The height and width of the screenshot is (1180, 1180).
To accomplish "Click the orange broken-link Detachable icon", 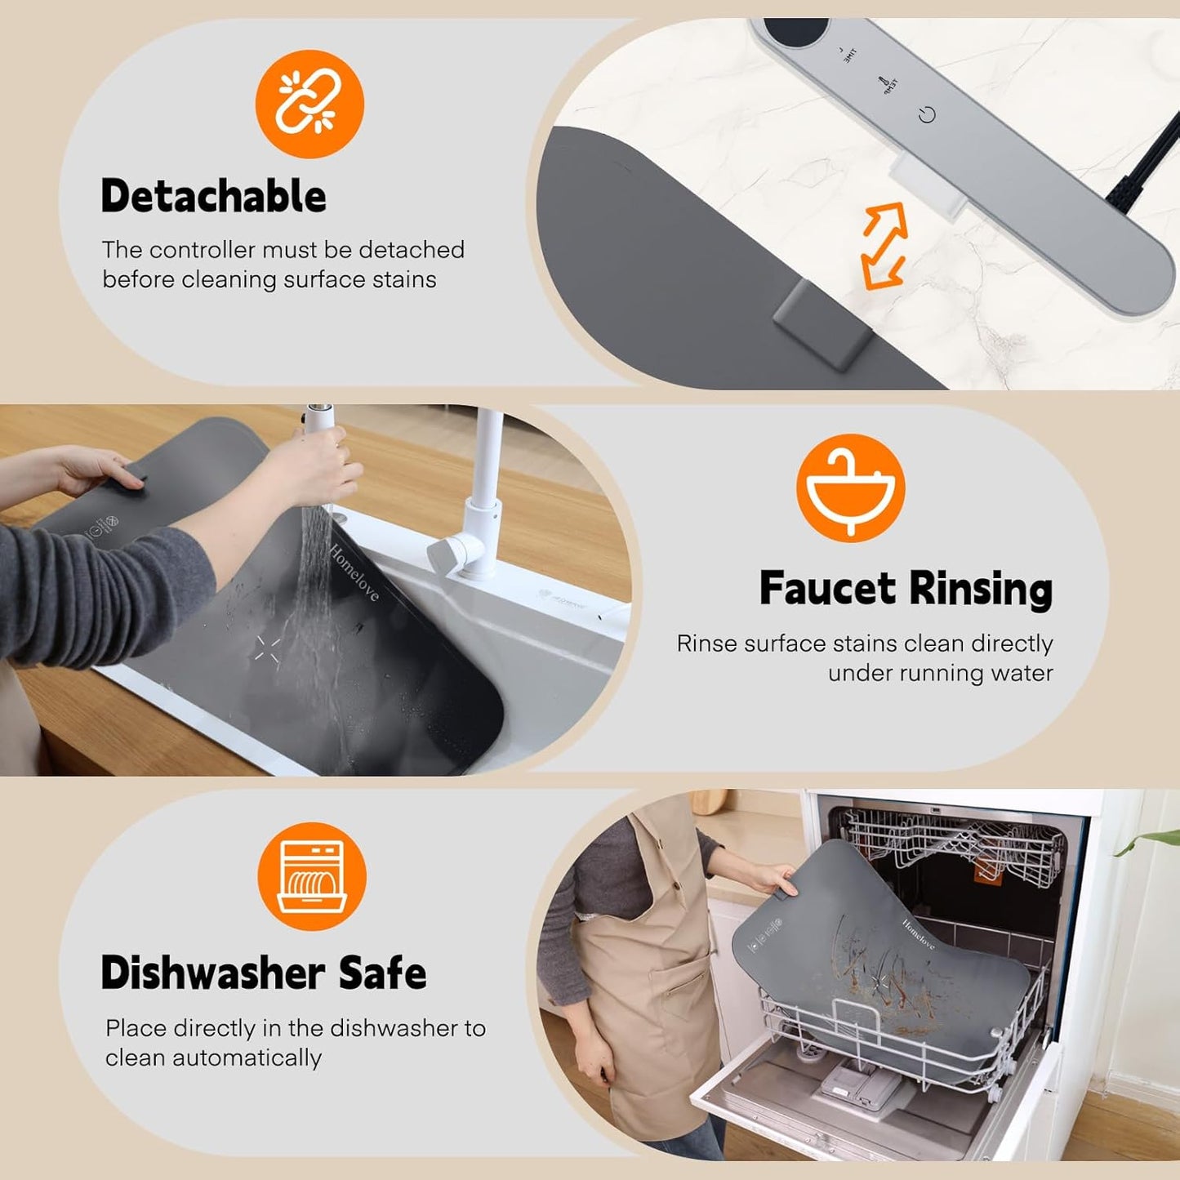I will click(x=309, y=104).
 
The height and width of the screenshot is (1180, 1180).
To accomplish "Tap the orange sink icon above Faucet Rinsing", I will click(x=850, y=488).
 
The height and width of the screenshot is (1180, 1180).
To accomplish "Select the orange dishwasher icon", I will click(x=311, y=876).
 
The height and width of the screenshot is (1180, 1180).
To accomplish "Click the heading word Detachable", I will click(x=213, y=196).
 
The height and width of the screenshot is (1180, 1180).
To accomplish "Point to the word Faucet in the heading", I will click(x=827, y=588).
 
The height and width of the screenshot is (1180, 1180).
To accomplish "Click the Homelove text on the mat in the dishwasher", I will click(x=918, y=933).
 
